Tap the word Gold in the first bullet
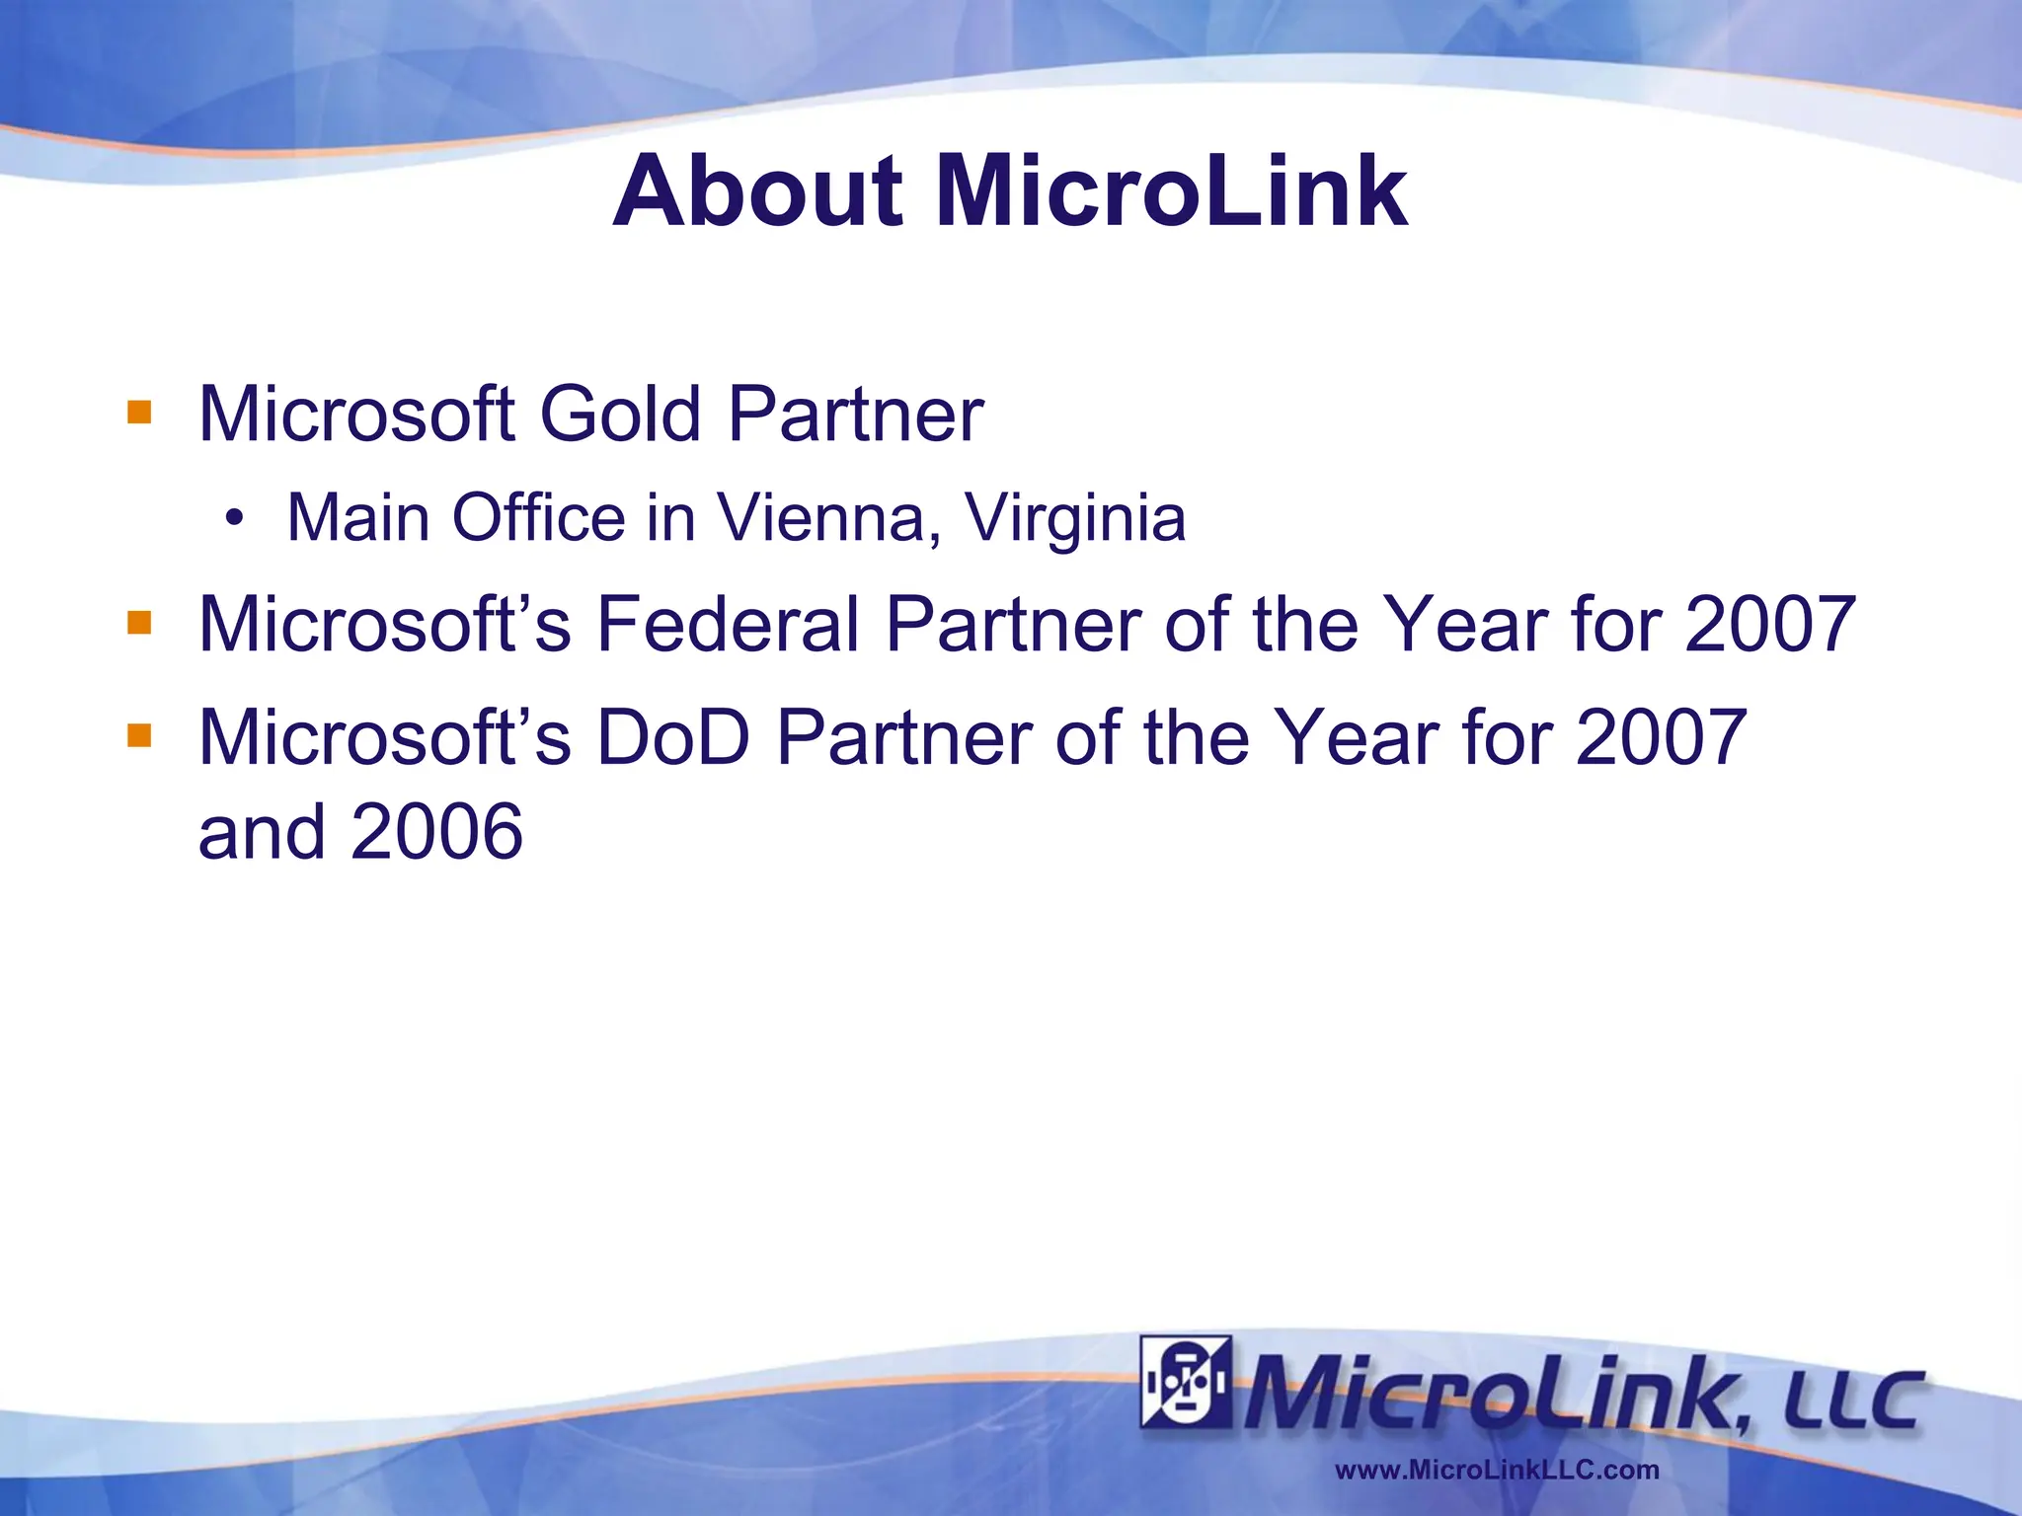(x=620, y=414)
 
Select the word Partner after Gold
(x=855, y=414)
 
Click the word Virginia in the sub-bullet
(x=1075, y=517)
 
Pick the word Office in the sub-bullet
(x=538, y=517)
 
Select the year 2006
(x=436, y=831)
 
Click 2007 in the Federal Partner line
(x=1770, y=624)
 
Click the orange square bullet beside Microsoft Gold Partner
(x=139, y=412)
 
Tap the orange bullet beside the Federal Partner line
(x=139, y=623)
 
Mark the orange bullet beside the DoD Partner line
(x=139, y=735)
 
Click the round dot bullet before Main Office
(x=234, y=518)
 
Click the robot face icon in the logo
(x=1186, y=1383)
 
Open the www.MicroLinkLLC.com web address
(x=1497, y=1470)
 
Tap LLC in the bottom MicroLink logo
(x=1852, y=1400)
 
